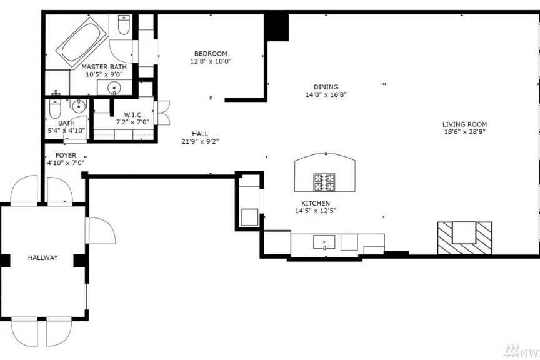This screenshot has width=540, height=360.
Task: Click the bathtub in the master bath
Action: tap(82, 41)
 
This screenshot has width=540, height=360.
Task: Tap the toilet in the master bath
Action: tap(124, 25)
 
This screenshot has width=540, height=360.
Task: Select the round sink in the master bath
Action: tap(114, 89)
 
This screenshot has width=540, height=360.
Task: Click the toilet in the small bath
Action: tap(55, 109)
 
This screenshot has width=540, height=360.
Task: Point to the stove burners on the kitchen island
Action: tap(324, 182)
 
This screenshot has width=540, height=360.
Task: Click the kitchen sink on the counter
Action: tap(324, 242)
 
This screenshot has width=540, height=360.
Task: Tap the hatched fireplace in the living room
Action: tap(464, 238)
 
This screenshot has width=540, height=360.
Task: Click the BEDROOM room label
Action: tap(211, 54)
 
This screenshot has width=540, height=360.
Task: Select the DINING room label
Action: tap(326, 87)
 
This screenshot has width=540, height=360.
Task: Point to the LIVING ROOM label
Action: tap(464, 124)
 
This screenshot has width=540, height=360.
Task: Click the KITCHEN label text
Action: tap(316, 203)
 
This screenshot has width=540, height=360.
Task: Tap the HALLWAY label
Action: tap(42, 257)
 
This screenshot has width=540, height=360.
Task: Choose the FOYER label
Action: tap(66, 156)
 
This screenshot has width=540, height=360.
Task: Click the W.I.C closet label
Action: tap(132, 115)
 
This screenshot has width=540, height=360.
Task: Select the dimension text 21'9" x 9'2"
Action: tap(200, 141)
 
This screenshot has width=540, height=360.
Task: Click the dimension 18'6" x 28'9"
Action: tap(464, 132)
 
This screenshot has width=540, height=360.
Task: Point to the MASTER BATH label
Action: tap(104, 67)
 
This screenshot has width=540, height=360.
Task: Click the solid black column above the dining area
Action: tap(276, 27)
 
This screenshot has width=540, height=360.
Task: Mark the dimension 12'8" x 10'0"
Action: tap(211, 61)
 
